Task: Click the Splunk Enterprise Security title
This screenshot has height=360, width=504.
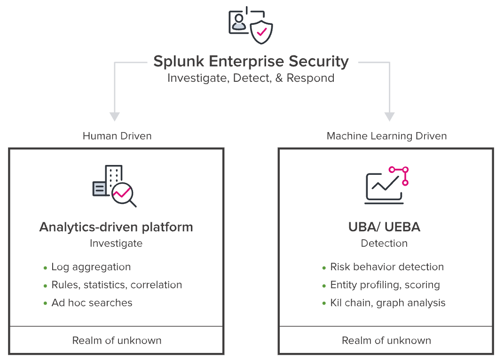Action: [x=251, y=62]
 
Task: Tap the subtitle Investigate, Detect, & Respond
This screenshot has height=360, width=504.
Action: [x=251, y=78]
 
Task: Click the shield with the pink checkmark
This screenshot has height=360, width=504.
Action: [x=261, y=32]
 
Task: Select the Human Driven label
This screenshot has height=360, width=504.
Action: [x=117, y=136]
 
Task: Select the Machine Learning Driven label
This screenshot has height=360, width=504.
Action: [x=386, y=136]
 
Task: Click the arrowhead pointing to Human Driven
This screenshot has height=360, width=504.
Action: [x=115, y=116]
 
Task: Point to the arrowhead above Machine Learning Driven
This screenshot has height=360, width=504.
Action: [x=389, y=116]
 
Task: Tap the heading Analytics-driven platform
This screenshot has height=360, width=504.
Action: [x=116, y=227]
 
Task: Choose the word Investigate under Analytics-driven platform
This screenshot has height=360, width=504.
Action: [x=116, y=243]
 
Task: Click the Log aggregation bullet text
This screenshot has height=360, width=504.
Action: [x=91, y=267]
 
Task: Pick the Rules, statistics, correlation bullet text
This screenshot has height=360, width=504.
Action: [x=117, y=285]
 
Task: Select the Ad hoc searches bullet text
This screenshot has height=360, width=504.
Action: [x=92, y=303]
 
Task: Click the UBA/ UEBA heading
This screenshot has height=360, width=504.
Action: [x=384, y=227]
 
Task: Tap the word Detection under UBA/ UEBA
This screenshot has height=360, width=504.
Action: [x=384, y=243]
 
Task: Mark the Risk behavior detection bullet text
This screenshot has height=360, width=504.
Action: [x=387, y=267]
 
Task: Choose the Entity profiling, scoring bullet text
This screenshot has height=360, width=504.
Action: [x=385, y=285]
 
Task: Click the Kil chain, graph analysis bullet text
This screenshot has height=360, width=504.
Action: [x=388, y=303]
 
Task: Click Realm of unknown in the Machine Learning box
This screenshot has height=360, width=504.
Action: [x=386, y=340]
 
